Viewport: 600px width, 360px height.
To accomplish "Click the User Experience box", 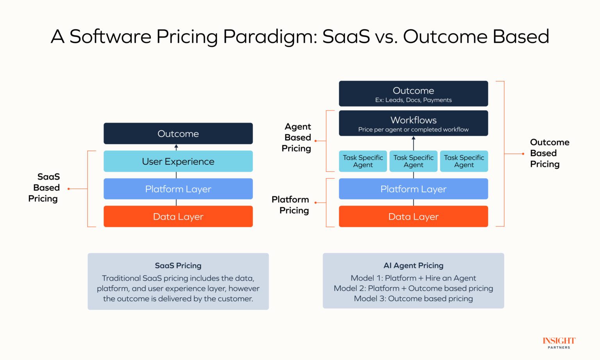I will tap(178, 161).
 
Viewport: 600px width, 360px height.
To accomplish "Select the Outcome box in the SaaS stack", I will tap(178, 134).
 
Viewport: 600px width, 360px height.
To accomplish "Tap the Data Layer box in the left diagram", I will tap(178, 216).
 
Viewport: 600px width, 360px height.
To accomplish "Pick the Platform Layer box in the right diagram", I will tap(413, 189).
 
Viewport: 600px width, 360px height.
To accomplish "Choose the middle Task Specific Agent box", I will tap(413, 161).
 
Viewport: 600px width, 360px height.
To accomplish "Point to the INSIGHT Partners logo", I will tap(559, 342).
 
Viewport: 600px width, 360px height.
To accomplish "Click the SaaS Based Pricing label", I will tap(45, 188).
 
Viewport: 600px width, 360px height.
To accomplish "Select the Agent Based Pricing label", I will tap(297, 137).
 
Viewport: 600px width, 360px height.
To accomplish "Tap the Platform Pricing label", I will tap(291, 205).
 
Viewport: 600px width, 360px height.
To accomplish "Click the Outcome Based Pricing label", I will tap(549, 153).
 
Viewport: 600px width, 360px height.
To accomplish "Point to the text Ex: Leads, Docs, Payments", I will tap(413, 100).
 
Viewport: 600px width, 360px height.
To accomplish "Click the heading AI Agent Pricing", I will tap(413, 266).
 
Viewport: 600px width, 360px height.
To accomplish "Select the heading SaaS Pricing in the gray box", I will tap(178, 266).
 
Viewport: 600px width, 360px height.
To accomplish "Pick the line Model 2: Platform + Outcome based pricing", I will tap(413, 288).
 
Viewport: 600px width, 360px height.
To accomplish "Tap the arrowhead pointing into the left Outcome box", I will tap(176, 147).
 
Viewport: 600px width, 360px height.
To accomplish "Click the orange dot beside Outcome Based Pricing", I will tap(523, 154).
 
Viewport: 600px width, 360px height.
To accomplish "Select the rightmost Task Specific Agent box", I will tap(464, 161).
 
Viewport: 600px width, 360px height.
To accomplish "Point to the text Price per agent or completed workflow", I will tap(413, 130).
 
